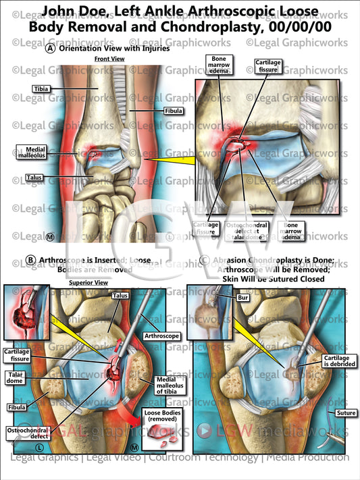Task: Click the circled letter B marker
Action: [30, 260]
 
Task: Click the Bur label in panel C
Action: [244, 296]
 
